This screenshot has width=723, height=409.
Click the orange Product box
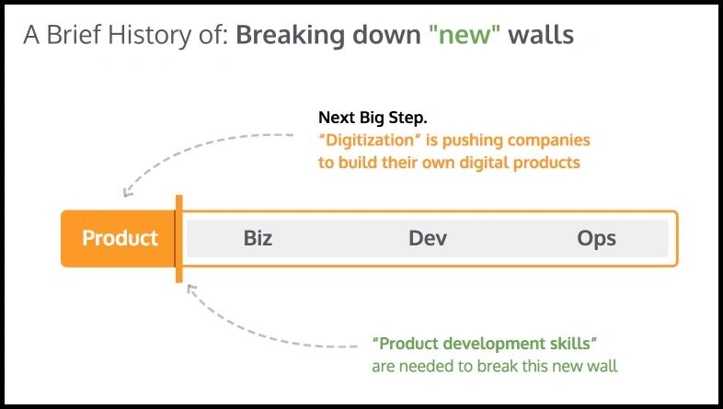click(x=118, y=239)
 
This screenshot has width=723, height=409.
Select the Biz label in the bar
click(x=258, y=239)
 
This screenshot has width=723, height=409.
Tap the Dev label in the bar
click(x=428, y=239)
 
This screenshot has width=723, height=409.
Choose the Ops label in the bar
click(x=596, y=239)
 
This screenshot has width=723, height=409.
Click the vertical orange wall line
click(x=178, y=239)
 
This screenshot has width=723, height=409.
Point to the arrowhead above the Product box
click(x=128, y=191)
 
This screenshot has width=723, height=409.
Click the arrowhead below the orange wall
click(x=191, y=290)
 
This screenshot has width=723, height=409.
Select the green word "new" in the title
click(x=465, y=35)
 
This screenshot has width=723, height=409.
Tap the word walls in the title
click(x=541, y=35)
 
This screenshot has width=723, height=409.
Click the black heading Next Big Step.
click(x=373, y=118)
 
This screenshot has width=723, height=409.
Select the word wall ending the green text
click(x=602, y=366)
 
